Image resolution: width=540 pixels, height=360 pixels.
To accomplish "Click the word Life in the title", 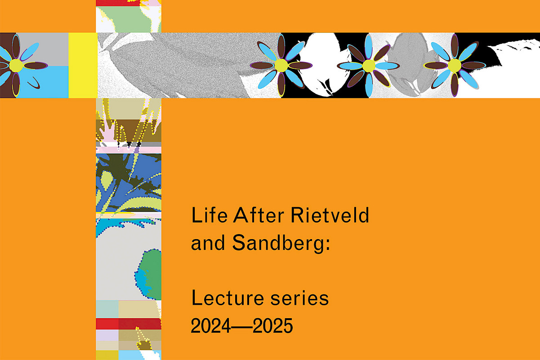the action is [209, 215].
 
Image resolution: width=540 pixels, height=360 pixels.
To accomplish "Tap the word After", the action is [259, 215].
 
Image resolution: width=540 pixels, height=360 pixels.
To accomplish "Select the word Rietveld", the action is [330, 215].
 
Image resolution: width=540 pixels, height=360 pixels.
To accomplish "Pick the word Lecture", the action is [228, 298].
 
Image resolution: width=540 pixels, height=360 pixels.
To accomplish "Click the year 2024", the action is [210, 325].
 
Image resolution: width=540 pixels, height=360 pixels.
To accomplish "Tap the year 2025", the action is [273, 325].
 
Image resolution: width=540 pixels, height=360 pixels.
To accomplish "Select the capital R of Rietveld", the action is [297, 215].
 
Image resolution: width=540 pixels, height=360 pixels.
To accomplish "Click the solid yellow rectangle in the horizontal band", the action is [83, 65].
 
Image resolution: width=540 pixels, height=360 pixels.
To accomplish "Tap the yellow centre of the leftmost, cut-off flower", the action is [16, 65].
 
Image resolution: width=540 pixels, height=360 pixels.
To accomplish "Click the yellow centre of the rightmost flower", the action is [455, 65].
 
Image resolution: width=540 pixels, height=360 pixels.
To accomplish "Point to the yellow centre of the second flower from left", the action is [281, 65].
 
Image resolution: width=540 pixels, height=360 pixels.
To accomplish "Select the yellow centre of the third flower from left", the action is [369, 66].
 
